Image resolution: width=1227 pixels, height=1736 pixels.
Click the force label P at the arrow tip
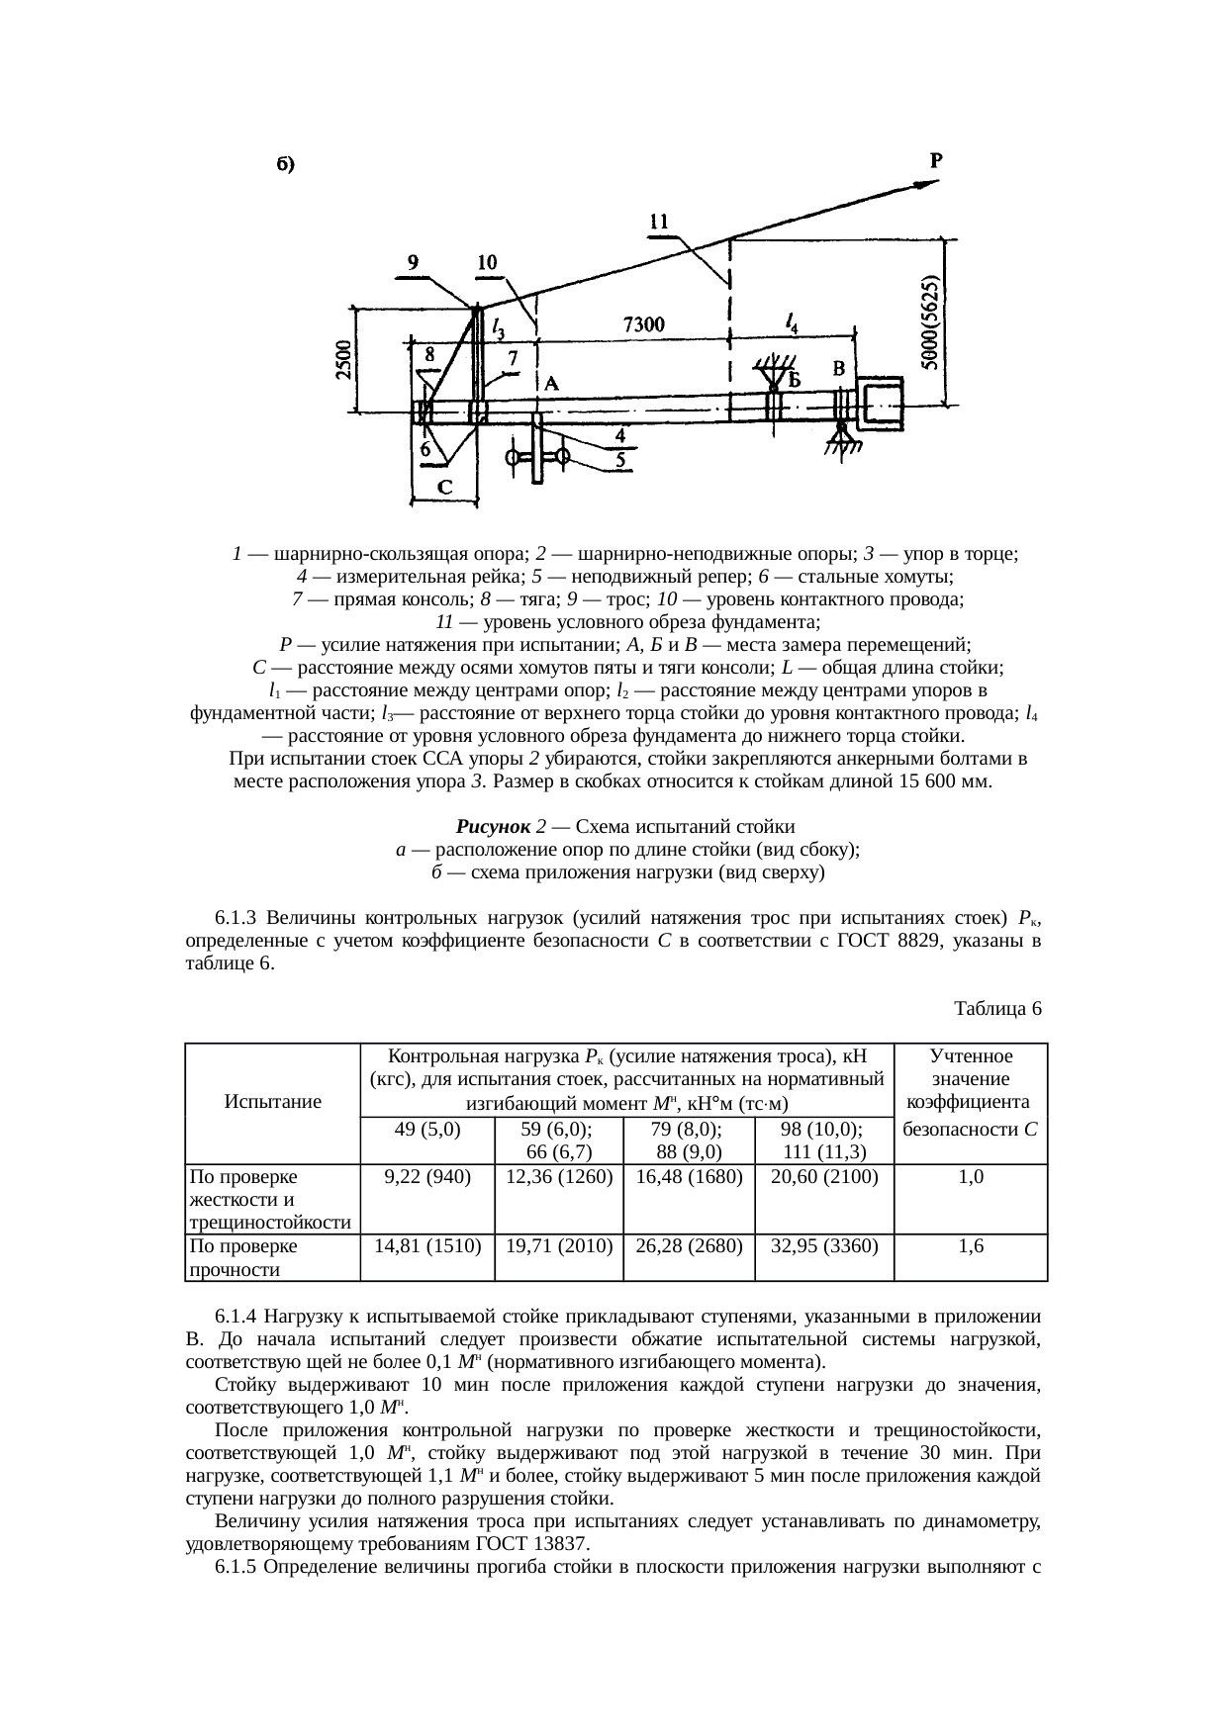[x=935, y=159]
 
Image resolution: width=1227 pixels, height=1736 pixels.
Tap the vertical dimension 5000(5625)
[x=930, y=322]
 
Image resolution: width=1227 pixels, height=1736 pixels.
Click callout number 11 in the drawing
[x=660, y=224]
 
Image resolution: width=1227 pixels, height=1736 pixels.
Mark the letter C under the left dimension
[x=445, y=487]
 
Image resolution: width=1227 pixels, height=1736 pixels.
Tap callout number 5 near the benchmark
[x=620, y=460]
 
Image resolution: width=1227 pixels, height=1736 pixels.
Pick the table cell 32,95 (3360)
[x=823, y=1246]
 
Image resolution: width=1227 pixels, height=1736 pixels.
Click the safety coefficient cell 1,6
[x=971, y=1246]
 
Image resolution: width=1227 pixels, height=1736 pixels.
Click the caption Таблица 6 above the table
[x=997, y=1008]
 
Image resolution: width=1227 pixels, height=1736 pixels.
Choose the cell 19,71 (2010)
[x=559, y=1246]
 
